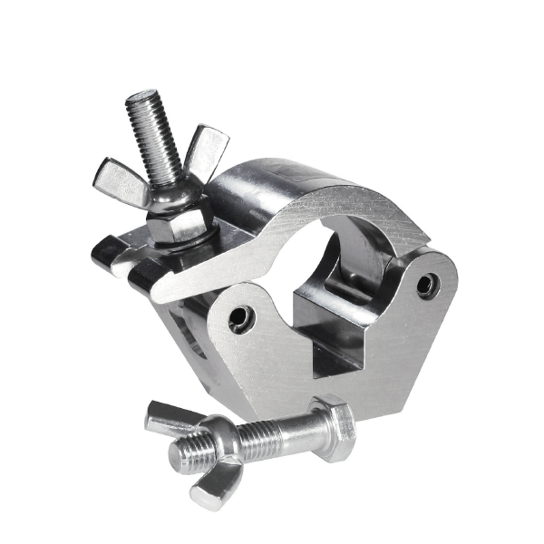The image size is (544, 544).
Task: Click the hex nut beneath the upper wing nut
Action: point(178,220)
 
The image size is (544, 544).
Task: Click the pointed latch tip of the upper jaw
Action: point(163,290)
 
